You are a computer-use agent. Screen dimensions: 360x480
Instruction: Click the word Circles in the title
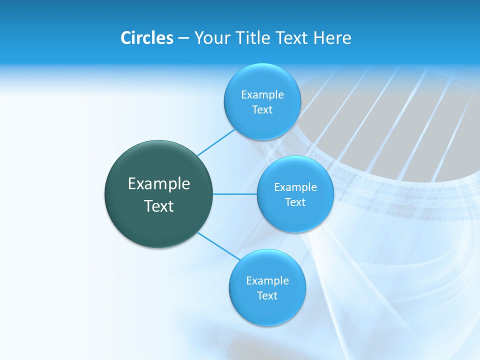click(146, 38)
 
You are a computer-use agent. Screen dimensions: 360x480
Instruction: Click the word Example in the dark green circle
click(159, 183)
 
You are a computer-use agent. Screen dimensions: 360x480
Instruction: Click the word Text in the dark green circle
click(159, 206)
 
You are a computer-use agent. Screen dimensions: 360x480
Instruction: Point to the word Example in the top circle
click(262, 94)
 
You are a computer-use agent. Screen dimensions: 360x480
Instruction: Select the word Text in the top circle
click(262, 109)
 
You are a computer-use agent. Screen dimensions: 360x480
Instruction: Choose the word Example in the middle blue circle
click(295, 187)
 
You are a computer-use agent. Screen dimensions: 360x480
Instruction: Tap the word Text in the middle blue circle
click(295, 202)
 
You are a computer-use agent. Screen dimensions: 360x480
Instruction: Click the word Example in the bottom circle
click(267, 280)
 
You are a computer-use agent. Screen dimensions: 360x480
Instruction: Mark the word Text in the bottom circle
click(267, 295)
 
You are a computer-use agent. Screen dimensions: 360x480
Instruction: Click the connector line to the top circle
click(216, 142)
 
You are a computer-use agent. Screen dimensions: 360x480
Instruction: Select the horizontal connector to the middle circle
click(235, 194)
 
